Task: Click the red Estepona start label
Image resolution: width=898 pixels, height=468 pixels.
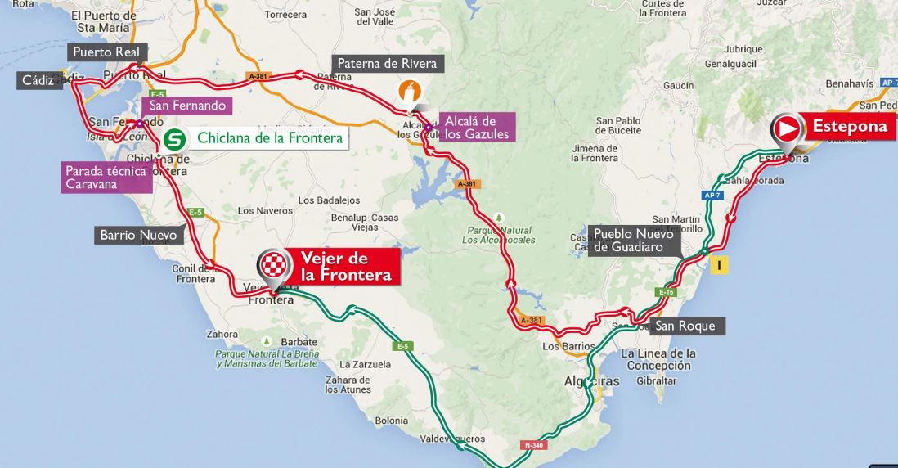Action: click(x=848, y=127)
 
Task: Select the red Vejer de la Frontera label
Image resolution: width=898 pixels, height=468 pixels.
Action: click(x=346, y=266)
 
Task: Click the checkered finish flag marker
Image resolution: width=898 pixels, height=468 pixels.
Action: click(x=275, y=265)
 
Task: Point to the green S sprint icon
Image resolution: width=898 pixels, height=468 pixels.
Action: click(x=173, y=139)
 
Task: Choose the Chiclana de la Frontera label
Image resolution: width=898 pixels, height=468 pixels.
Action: click(x=262, y=137)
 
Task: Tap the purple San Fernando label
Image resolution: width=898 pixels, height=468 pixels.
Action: click(x=186, y=106)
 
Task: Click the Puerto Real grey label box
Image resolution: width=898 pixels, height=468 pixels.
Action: click(x=106, y=52)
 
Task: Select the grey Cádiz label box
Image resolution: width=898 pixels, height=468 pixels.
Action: click(x=38, y=80)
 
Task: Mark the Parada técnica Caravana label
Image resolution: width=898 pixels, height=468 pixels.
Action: click(x=106, y=178)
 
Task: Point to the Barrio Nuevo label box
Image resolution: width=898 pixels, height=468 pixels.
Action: click(x=138, y=235)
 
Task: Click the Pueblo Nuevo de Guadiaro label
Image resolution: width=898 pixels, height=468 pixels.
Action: click(x=634, y=241)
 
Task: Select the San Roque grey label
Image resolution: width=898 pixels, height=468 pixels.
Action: click(x=685, y=326)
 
